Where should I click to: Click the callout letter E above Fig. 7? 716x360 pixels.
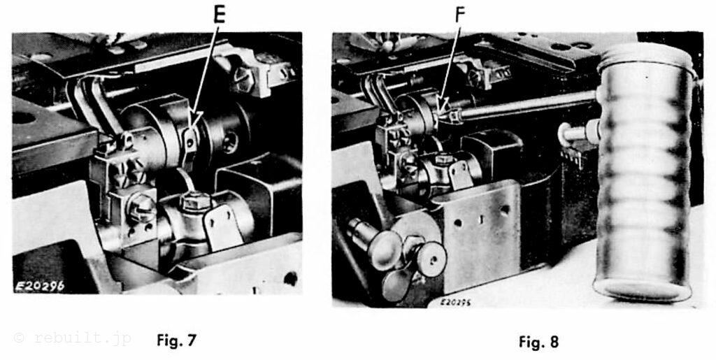tap(219, 15)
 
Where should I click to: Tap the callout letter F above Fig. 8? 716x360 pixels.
tap(459, 16)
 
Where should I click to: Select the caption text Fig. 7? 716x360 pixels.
tap(176, 340)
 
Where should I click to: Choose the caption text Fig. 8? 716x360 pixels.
tap(538, 342)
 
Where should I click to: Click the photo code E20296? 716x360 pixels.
tap(40, 286)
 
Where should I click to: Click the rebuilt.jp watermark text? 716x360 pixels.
tap(73, 338)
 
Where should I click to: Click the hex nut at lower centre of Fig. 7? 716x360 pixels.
tap(196, 201)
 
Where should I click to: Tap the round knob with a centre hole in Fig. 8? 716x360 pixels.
tap(431, 259)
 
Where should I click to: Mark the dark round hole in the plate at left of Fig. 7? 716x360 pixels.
tap(23, 117)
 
